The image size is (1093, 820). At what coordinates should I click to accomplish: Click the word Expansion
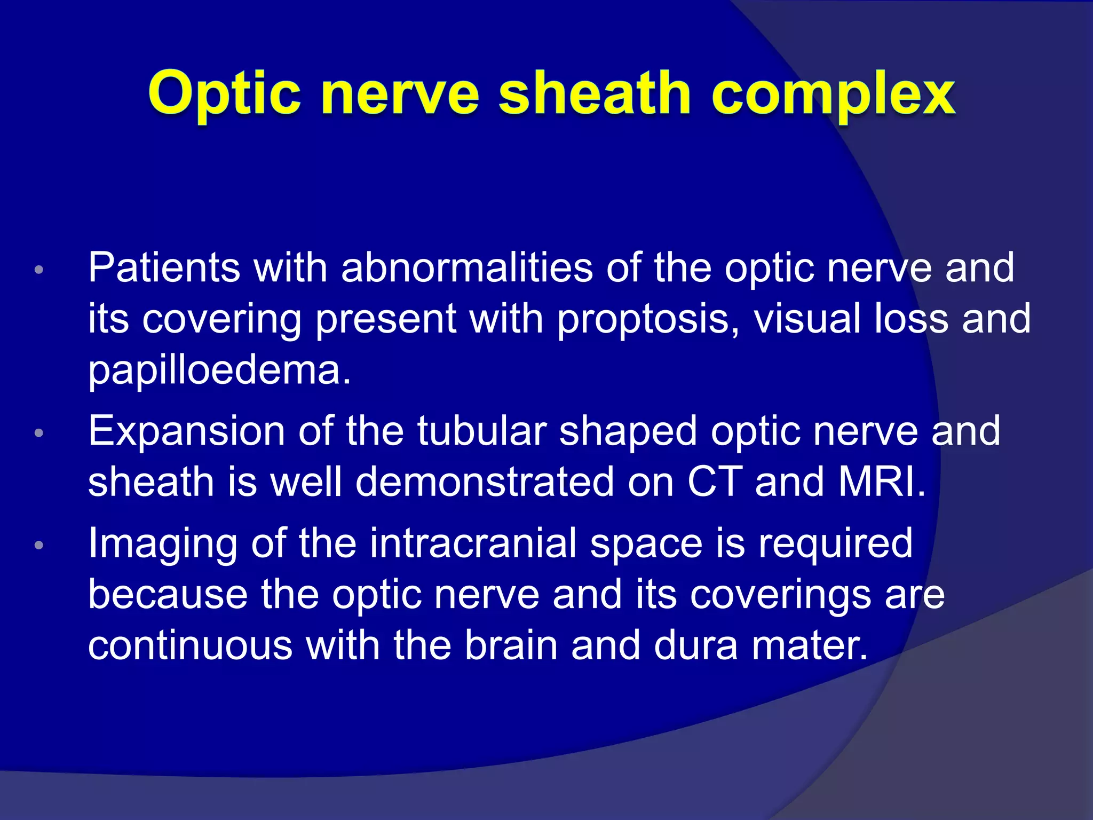186,431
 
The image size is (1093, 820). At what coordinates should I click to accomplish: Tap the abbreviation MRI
881,482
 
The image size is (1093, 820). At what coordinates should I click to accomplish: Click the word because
168,594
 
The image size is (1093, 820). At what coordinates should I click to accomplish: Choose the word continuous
190,645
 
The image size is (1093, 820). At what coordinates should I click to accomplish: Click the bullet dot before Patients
38,270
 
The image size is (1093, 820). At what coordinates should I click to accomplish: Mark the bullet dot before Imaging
38,546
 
